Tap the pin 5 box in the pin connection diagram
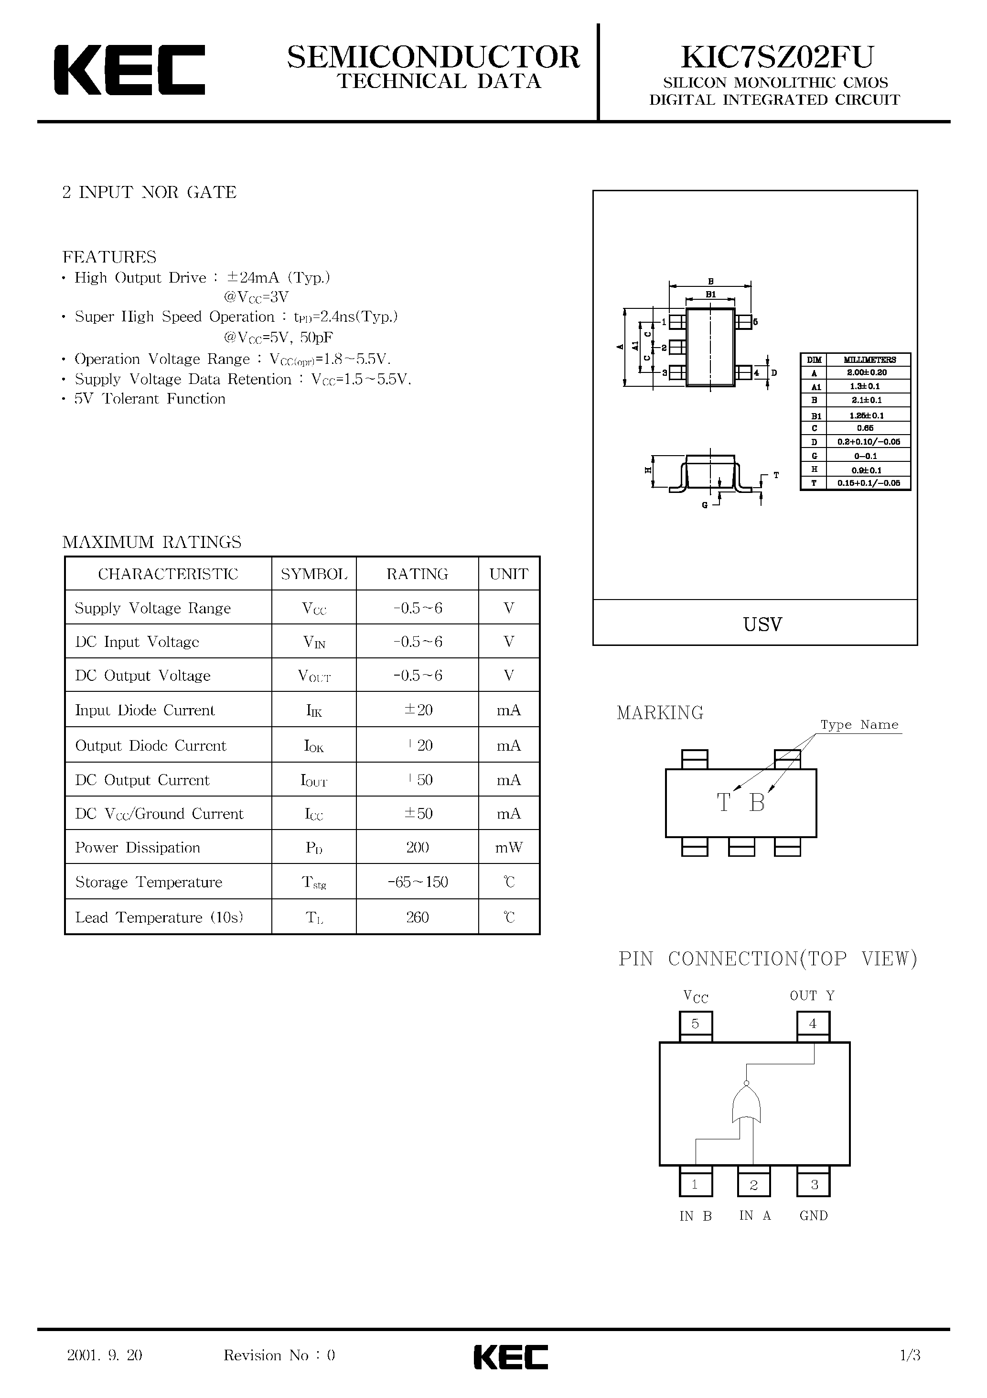[695, 1024]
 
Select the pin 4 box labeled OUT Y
[813, 1024]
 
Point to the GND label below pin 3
[814, 1215]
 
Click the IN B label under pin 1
[696, 1216]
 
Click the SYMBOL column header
[314, 574]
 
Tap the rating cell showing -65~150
[418, 882]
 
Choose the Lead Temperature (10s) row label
[159, 917]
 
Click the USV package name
[762, 624]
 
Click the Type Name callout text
[859, 724]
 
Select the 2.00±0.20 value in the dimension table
[867, 372]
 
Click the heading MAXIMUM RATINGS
[151, 542]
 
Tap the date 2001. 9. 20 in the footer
[105, 1355]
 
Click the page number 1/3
[910, 1355]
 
